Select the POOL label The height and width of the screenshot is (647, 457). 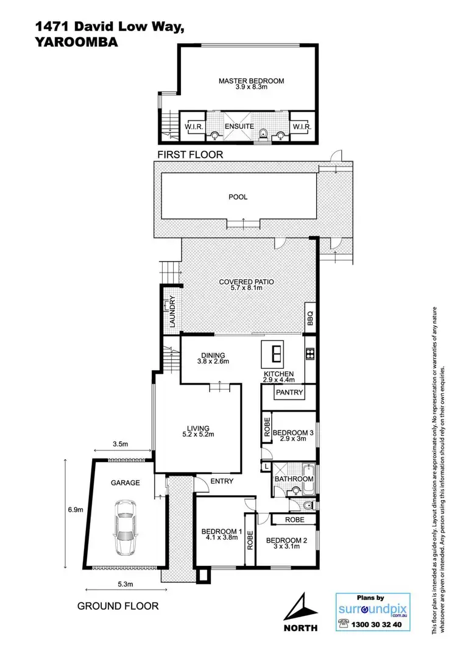(x=238, y=197)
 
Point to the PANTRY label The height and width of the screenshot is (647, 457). (x=289, y=392)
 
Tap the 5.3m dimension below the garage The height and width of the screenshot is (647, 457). (x=125, y=584)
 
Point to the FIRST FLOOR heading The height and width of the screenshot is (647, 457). (x=190, y=155)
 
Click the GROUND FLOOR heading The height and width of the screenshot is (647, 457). (x=118, y=606)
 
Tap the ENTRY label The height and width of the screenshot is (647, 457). (x=221, y=482)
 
